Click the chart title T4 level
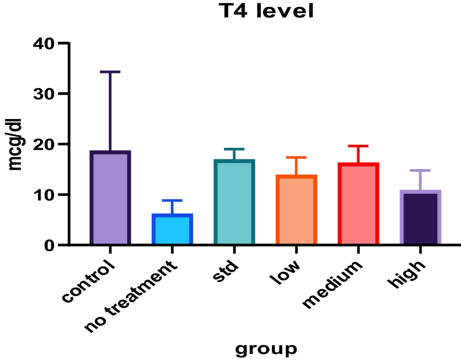[x=267, y=11]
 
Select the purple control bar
[x=110, y=198]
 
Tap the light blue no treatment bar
[x=172, y=230]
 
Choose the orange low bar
[x=296, y=210]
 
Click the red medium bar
[x=358, y=204]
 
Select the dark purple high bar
[x=420, y=218]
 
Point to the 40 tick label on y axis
[x=45, y=44]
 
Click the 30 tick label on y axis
[x=45, y=94]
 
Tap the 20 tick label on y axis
[x=45, y=144]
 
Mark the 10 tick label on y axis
[x=45, y=195]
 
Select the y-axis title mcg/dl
[x=16, y=144]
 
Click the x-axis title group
[x=266, y=349]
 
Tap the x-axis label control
[x=89, y=281]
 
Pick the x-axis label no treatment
[x=130, y=298]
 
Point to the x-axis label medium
[x=332, y=285]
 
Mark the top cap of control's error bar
[x=110, y=72]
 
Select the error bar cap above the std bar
[x=234, y=149]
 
